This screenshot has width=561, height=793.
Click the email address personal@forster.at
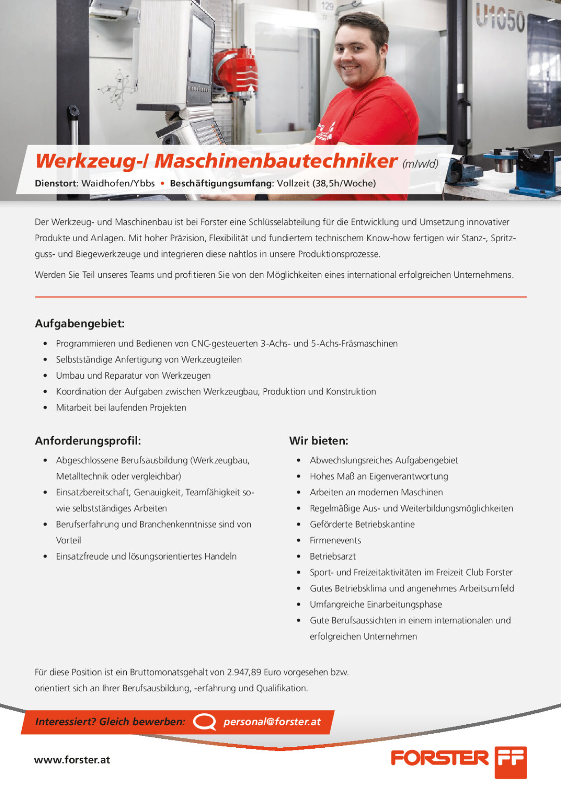click(272, 722)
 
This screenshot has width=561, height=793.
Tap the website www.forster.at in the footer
click(72, 760)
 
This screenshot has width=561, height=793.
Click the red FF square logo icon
click(510, 762)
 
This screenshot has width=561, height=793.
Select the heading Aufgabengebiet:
click(80, 323)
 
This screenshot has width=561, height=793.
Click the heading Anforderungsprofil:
click(88, 441)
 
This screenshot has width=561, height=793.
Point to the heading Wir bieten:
click(319, 441)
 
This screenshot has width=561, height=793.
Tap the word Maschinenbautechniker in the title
click(276, 161)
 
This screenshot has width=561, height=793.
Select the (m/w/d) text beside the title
click(420, 164)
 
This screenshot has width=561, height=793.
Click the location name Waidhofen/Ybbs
click(118, 184)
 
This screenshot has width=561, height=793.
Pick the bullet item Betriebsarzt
click(333, 556)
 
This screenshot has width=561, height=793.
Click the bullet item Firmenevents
click(335, 540)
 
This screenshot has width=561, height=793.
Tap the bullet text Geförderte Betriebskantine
click(362, 524)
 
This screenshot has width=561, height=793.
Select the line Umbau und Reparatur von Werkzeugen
click(133, 375)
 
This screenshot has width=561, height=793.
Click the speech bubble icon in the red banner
click(204, 722)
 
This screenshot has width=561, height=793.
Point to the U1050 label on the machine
click(500, 19)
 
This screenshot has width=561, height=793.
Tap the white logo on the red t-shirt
click(326, 131)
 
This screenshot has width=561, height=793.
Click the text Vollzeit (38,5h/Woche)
click(326, 184)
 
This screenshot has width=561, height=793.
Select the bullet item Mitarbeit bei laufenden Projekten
click(121, 408)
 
